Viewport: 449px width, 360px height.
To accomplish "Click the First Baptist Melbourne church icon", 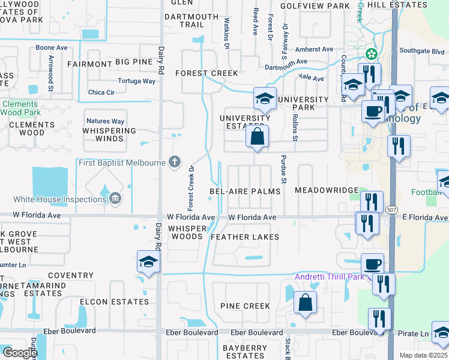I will pyautogui.click(x=174, y=161).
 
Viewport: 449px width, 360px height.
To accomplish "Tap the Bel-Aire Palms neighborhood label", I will pyautogui.click(x=245, y=191).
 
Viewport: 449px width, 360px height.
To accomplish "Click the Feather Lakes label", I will pyautogui.click(x=245, y=237).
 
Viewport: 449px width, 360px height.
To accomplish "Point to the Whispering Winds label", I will pyautogui.click(x=109, y=134).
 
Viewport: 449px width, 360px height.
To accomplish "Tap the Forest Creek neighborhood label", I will pyautogui.click(x=206, y=73).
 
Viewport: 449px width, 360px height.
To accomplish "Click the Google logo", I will pyautogui.click(x=19, y=353).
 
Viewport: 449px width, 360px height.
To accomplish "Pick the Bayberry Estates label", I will pyautogui.click(x=245, y=352).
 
